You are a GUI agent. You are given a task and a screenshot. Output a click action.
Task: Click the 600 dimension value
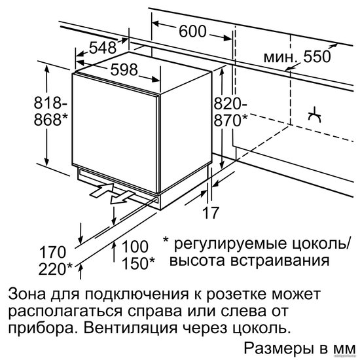(192, 31)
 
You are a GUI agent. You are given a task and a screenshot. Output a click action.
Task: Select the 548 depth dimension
(103, 48)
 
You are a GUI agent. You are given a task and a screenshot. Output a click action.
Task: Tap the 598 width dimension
(124, 69)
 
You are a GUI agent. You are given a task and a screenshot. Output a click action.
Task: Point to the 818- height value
(50, 103)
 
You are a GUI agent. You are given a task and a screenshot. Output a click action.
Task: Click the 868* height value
(51, 119)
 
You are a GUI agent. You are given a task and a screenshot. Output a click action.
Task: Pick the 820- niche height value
(230, 103)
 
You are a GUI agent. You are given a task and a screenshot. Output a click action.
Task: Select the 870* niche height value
(231, 120)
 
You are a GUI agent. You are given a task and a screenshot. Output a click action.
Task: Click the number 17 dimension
(210, 213)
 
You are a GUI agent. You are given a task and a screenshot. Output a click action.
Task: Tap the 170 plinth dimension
(53, 252)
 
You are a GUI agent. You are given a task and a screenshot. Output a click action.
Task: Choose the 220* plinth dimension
(56, 269)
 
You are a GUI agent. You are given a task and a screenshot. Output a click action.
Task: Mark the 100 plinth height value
(135, 246)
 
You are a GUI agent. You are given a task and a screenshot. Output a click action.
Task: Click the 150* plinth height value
(138, 263)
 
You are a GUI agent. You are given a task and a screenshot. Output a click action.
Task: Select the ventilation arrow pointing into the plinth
(101, 190)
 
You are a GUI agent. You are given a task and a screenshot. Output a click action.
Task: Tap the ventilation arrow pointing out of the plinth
(122, 198)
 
